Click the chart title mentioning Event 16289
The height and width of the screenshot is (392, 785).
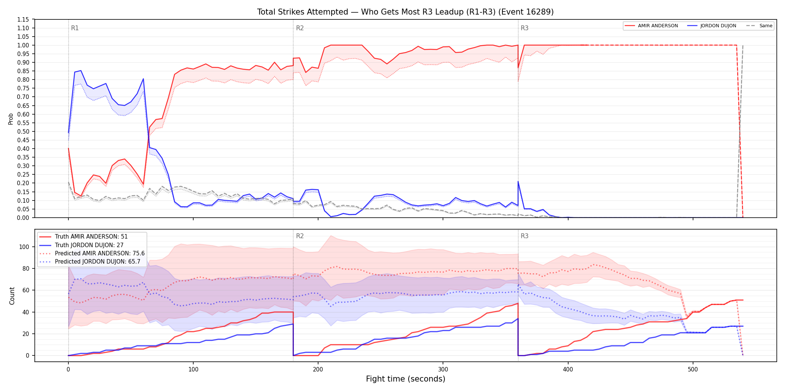pos(405,12)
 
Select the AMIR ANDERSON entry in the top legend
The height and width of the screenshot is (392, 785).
pos(651,26)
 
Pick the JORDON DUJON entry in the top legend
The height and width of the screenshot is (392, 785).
pos(712,26)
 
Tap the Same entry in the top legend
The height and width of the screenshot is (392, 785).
pos(759,26)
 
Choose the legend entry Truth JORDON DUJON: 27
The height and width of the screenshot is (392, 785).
pos(81,245)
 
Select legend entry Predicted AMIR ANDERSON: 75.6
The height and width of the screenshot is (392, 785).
pos(92,253)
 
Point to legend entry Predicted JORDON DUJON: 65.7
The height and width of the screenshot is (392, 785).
pos(90,261)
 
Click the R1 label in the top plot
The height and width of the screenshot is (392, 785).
pos(75,28)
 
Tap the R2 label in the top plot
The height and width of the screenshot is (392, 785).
pos(300,28)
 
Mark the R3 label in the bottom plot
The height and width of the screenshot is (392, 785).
pos(524,236)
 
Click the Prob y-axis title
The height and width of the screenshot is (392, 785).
pos(11,119)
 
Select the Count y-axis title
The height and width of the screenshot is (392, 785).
pos(12,296)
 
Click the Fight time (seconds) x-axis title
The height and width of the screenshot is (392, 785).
pos(406,379)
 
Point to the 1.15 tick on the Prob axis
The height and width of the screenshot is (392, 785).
pos(23,19)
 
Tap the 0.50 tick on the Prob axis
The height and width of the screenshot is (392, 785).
pos(23,131)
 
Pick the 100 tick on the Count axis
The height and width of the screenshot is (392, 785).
pos(24,247)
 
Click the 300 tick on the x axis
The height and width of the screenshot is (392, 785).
pos(443,370)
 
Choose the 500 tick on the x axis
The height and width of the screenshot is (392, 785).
pos(693,370)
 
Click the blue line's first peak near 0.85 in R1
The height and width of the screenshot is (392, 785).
pos(81,71)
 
